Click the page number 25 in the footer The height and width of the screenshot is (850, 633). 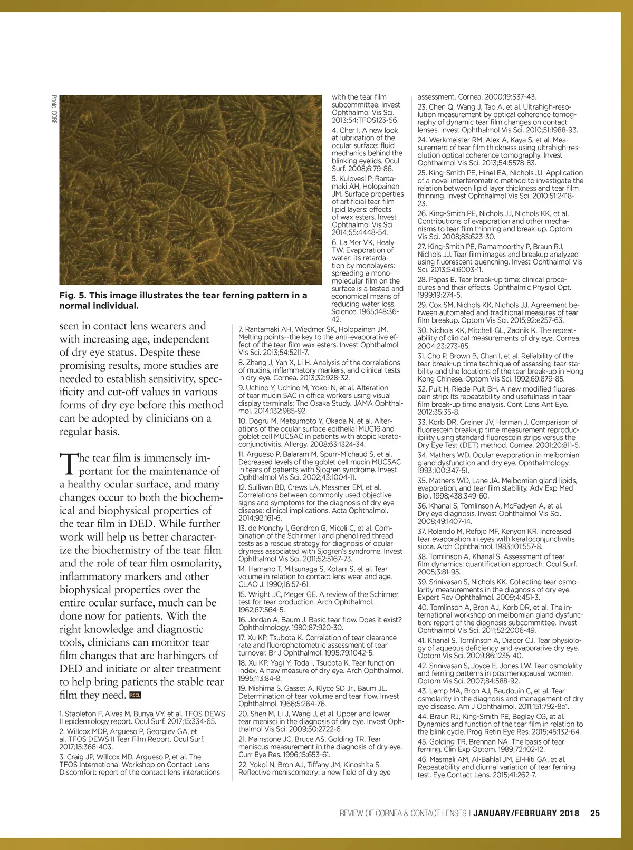tap(594, 813)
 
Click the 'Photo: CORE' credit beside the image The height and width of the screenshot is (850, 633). tap(54, 109)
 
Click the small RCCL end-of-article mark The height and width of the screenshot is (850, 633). tap(135, 695)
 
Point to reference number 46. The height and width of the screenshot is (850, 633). tap(422, 759)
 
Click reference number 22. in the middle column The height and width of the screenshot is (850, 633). tap(243, 765)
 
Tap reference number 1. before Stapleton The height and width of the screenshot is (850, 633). tap(61, 714)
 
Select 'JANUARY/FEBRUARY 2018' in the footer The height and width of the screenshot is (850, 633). tap(526, 813)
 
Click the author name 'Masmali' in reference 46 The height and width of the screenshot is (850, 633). tap(444, 759)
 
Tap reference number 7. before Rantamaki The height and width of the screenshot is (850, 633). tap(241, 329)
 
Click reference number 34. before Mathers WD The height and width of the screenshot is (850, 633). tap(422, 455)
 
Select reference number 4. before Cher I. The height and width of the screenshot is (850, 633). tap(334, 130)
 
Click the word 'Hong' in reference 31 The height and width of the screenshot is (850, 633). tap(574, 371)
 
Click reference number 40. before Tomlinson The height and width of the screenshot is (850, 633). tap(422, 607)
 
